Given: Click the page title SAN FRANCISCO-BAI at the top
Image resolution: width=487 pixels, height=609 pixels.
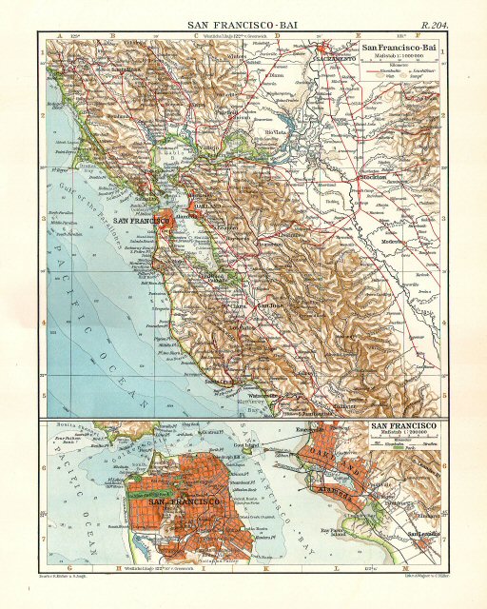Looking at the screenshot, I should point(243,20).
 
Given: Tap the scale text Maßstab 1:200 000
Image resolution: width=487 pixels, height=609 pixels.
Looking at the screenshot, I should point(402,435).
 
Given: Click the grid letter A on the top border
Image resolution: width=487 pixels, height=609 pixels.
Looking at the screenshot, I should point(60,33).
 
